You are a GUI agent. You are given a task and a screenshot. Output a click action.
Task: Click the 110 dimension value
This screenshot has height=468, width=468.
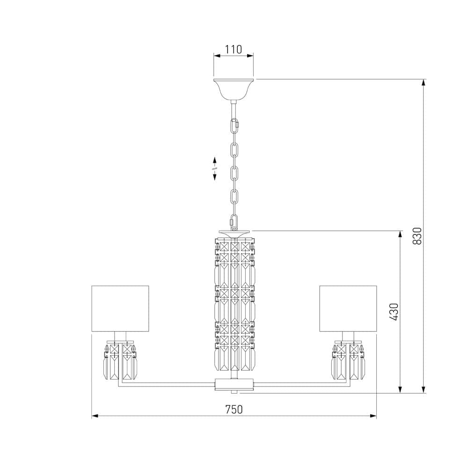point(234,49)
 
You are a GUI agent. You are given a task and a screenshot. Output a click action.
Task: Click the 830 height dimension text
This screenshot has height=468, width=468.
point(418,236)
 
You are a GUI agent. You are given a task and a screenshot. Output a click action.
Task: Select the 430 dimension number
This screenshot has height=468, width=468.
point(395,312)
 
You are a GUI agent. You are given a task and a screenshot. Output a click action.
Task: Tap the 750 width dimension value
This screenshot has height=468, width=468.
point(234,409)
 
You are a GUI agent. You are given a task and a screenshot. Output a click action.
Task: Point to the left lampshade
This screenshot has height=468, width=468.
point(120,308)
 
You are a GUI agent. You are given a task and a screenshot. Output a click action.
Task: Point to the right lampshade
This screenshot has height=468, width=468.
point(348,308)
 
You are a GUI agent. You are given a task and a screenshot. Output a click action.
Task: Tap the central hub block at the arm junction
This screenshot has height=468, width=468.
point(234,384)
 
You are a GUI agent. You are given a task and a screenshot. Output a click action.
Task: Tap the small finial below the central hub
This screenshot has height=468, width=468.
point(234,391)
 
